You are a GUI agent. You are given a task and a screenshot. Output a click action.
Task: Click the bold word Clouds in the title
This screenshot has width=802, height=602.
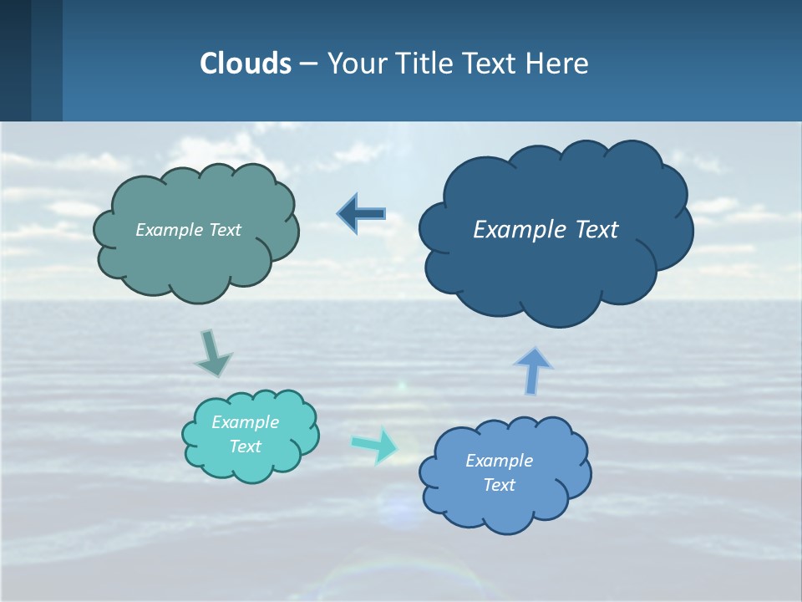point(245,64)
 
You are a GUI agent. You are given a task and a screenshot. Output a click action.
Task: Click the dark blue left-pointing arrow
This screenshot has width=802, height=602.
point(362,214)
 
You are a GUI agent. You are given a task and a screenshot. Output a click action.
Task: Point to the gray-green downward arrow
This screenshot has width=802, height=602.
point(212,353)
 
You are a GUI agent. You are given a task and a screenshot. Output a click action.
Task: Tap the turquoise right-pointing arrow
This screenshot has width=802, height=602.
point(375,445)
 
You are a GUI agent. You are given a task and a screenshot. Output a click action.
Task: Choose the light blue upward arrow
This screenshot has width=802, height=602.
point(533,370)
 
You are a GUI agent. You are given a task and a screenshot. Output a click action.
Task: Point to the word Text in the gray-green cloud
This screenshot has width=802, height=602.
point(226,230)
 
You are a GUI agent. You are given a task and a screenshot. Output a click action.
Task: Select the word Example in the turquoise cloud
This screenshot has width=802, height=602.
point(246,422)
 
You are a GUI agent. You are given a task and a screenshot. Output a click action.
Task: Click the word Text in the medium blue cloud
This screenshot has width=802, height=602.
point(500,485)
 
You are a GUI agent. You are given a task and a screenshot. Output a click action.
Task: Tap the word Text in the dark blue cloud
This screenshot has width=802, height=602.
point(596,230)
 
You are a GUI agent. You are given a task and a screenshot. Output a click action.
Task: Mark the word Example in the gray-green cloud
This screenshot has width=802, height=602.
point(170,230)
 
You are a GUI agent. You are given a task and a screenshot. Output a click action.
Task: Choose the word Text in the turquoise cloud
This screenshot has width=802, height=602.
point(246,446)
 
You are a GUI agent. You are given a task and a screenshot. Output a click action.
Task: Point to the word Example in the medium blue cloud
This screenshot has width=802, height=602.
point(500,461)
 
